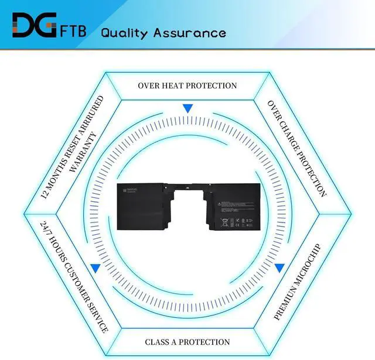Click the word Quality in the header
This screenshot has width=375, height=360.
click(124, 32)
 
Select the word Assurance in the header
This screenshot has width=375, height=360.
click(189, 32)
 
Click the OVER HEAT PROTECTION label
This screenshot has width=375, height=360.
click(187, 85)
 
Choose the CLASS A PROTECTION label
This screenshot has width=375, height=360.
click(187, 341)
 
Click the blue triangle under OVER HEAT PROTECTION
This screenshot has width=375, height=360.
click(187, 108)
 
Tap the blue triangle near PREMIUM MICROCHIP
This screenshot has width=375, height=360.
click(279, 268)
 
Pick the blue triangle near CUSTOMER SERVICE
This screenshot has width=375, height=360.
click(95, 268)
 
